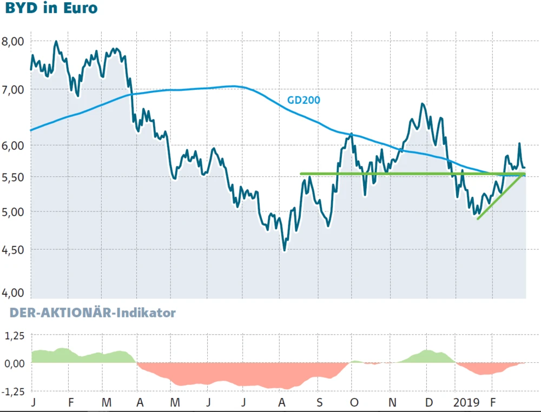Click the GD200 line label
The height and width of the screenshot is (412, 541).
(x=303, y=99)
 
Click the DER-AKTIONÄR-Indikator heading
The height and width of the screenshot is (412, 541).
(x=90, y=313)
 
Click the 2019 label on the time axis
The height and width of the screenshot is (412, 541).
(x=467, y=403)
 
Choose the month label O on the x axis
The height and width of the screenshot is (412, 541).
(x=354, y=403)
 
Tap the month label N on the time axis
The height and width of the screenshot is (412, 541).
(x=393, y=403)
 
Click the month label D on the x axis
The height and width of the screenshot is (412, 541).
(x=428, y=403)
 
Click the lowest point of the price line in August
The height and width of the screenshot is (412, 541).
(x=285, y=250)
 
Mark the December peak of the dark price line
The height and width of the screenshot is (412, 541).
(x=422, y=104)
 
